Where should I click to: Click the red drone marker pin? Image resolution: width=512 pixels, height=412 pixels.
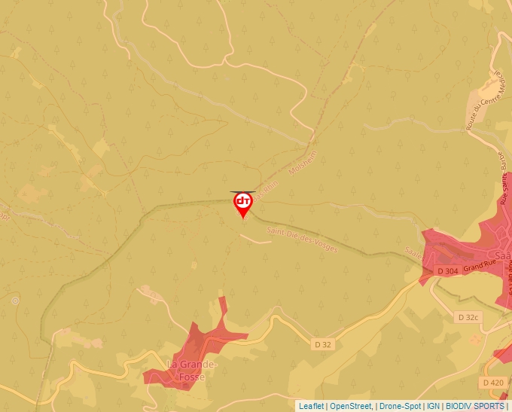[x=242, y=205]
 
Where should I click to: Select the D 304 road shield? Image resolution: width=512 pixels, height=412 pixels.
[x=447, y=270]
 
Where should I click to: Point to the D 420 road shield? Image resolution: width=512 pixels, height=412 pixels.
[x=493, y=383]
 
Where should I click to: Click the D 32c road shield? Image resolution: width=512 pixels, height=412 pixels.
[x=468, y=317]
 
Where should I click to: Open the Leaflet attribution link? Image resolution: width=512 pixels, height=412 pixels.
[x=311, y=406]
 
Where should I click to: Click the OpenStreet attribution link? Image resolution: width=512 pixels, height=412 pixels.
[x=350, y=406]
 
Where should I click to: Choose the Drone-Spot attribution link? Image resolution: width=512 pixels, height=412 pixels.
[x=400, y=406]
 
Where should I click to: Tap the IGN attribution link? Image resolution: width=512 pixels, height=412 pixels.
[x=434, y=406]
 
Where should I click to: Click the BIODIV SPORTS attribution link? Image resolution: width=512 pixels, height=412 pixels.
[x=475, y=406]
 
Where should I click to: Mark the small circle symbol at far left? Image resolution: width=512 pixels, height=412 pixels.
[x=15, y=300]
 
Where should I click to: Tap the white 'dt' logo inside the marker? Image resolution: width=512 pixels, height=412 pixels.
[x=242, y=201]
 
